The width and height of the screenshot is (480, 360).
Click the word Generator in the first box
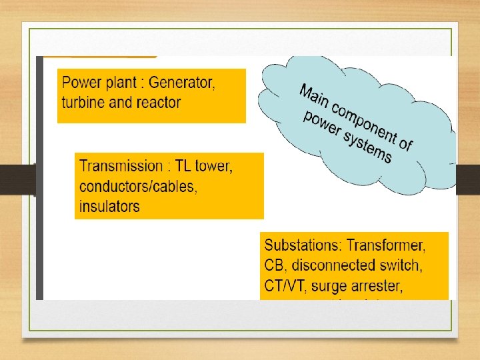click(x=181, y=83)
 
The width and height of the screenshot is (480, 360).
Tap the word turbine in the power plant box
click(x=83, y=103)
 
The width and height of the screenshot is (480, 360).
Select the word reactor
click(x=157, y=103)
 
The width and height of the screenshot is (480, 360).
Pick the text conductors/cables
click(x=138, y=186)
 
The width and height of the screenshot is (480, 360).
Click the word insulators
click(x=109, y=206)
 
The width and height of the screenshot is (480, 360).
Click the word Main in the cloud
click(x=315, y=93)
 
